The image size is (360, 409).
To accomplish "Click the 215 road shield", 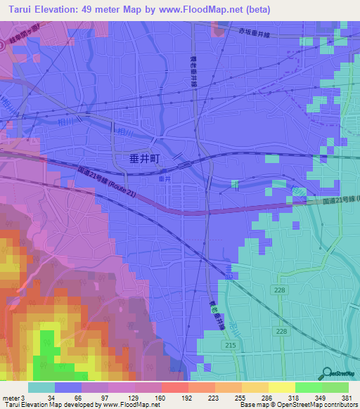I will [x=230, y=346].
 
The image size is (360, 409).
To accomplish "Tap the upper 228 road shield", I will [x=280, y=290].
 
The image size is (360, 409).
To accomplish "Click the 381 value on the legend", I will [x=347, y=398].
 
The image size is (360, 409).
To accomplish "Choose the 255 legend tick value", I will [x=240, y=398].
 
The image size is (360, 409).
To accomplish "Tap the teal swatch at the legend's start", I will [x=41, y=387].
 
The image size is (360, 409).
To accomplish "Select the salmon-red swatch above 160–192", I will [x=174, y=387].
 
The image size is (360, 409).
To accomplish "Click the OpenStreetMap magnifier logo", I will [x=326, y=372].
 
